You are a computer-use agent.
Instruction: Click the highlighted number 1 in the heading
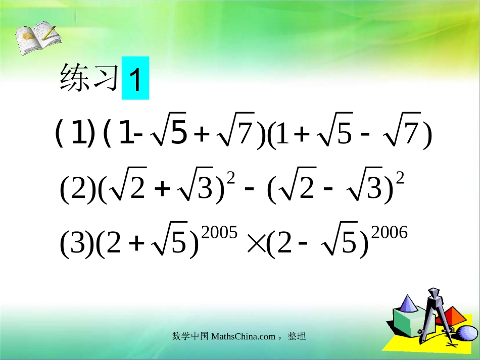(135, 78)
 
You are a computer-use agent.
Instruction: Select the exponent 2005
(219, 232)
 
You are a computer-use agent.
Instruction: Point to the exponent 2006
(389, 232)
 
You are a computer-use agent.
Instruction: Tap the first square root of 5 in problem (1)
(172, 135)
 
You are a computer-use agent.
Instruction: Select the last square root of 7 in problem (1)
(402, 135)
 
